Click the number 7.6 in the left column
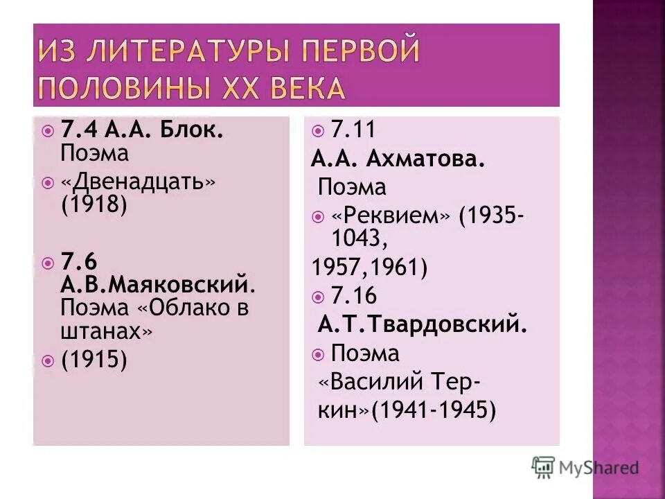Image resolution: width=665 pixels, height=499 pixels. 79,261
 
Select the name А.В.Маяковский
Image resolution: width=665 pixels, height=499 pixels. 154,283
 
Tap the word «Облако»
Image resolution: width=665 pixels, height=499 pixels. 175,308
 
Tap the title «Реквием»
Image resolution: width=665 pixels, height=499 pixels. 391,215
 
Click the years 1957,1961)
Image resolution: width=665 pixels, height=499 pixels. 369,267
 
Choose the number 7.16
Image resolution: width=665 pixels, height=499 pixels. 353,297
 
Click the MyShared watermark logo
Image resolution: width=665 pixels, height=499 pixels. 585,467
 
